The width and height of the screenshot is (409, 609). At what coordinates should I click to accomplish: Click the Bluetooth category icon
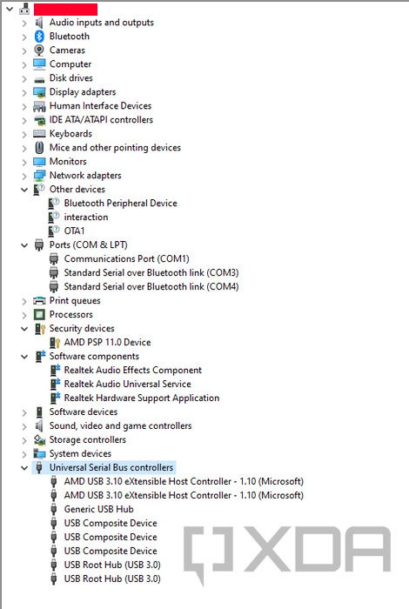[x=39, y=37]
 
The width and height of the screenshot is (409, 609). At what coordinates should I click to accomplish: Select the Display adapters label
[x=83, y=92]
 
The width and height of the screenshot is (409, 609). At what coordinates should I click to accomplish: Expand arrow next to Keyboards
[x=24, y=134]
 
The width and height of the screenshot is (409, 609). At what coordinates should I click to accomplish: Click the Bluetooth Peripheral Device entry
[x=120, y=203]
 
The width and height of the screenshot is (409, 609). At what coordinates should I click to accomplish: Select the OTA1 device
[x=74, y=231]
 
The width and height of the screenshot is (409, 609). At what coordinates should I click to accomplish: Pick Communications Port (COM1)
[x=127, y=258]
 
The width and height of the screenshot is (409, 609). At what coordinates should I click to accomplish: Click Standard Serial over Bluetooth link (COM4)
[x=151, y=286]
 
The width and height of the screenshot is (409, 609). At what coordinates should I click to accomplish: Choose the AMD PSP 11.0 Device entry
[x=107, y=342]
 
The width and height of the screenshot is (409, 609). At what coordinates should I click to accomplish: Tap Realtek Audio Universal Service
[x=127, y=385]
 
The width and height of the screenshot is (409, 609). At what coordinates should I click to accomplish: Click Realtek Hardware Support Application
[x=141, y=398]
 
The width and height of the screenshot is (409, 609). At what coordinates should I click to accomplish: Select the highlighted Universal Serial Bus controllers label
[x=111, y=468]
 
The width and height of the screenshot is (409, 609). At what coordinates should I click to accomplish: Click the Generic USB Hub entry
[x=98, y=509]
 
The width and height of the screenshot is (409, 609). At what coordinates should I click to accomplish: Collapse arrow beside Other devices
[x=24, y=190]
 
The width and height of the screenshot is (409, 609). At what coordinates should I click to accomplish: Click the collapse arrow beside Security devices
[x=24, y=329]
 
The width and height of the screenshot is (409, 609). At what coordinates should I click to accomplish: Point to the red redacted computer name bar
[x=65, y=10]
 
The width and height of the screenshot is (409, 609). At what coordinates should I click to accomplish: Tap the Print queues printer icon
[x=39, y=301]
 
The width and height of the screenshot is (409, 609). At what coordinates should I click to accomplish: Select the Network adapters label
[x=85, y=176]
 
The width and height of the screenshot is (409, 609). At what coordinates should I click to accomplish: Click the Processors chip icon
[x=39, y=315]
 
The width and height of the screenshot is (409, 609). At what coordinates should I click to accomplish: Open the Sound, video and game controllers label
[x=120, y=426]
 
